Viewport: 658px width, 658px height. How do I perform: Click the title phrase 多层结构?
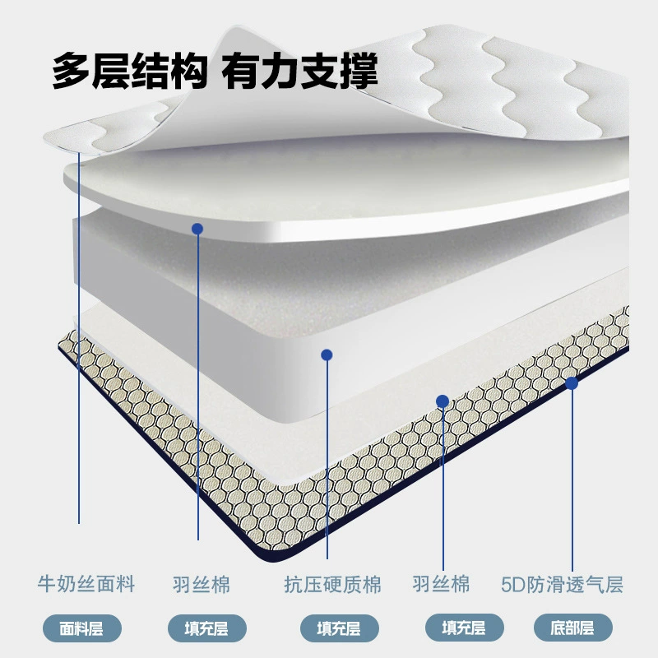pos(130,71)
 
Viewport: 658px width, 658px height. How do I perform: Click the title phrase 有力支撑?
pos(299,71)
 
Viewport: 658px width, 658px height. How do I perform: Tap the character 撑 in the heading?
pos(359,71)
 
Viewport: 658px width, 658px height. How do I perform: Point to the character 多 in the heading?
pos(71,71)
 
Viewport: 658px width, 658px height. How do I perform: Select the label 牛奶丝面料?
pos(86,585)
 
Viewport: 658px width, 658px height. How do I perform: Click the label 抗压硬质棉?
pos(333,585)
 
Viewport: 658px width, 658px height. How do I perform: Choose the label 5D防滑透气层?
pos(562,585)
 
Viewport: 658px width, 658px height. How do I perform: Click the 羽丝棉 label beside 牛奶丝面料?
pos(202,585)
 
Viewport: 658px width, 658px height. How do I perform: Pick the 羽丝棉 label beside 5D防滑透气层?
pos(441,584)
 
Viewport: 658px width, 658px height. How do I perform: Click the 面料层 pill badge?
pos(81,628)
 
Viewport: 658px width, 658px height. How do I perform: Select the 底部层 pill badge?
pos(572,628)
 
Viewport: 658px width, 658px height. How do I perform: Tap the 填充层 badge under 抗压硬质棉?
pos(339,628)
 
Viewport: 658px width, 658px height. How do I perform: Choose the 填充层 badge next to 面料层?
pos(207,628)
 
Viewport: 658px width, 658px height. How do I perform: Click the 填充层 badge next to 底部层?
pos(464,628)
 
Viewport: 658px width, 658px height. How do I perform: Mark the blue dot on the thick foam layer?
pos(327,355)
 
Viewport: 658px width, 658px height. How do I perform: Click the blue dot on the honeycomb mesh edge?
pos(572,383)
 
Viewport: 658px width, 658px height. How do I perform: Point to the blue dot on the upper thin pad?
pos(197,229)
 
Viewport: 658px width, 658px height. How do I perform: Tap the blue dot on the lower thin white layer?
pos(443,401)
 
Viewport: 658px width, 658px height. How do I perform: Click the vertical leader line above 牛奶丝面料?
pos(79,338)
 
